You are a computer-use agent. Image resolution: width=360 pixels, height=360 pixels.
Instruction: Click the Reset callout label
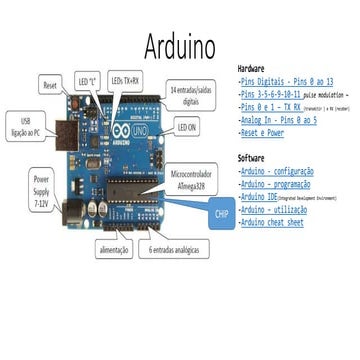50,88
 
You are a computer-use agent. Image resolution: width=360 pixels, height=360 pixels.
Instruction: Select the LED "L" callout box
87,79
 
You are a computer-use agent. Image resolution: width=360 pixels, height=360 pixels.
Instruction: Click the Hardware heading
255,67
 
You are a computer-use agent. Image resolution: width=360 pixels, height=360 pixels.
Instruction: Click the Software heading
251,159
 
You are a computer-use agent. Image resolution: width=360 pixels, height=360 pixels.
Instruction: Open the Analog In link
279,119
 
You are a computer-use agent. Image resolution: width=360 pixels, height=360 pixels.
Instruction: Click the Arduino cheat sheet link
273,222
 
